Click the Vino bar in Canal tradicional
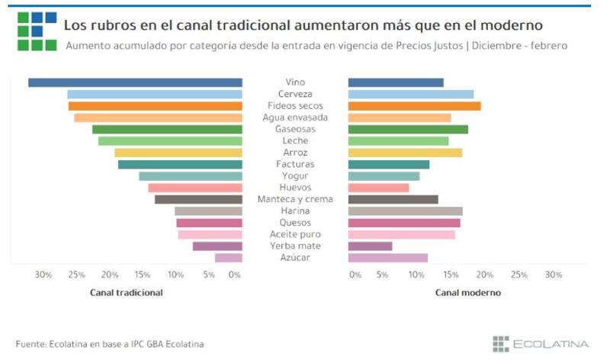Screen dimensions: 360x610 click(135, 82)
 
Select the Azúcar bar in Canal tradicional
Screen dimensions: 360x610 click(229, 258)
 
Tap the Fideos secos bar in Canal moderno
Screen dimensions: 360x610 click(414, 106)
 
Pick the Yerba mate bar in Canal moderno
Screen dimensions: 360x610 click(371, 246)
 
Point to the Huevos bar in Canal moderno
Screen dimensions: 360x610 click(378, 188)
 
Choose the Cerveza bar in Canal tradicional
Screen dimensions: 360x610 click(155, 95)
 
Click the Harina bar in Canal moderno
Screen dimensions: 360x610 click(405, 211)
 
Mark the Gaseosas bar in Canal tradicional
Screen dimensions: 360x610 click(167, 130)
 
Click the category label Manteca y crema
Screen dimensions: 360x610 click(294, 199)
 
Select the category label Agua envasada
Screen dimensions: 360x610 click(294, 117)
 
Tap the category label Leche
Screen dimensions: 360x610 click(294, 141)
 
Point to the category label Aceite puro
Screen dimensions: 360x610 click(294, 234)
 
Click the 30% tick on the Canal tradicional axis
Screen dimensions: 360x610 click(43, 275)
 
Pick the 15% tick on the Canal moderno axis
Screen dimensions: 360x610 click(451, 275)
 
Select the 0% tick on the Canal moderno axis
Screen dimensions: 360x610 click(355, 275)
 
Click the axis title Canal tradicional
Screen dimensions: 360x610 click(127, 292)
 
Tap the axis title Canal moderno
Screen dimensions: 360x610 click(467, 292)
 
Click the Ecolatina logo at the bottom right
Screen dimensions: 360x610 click(541, 344)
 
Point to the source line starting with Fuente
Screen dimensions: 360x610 click(110, 344)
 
